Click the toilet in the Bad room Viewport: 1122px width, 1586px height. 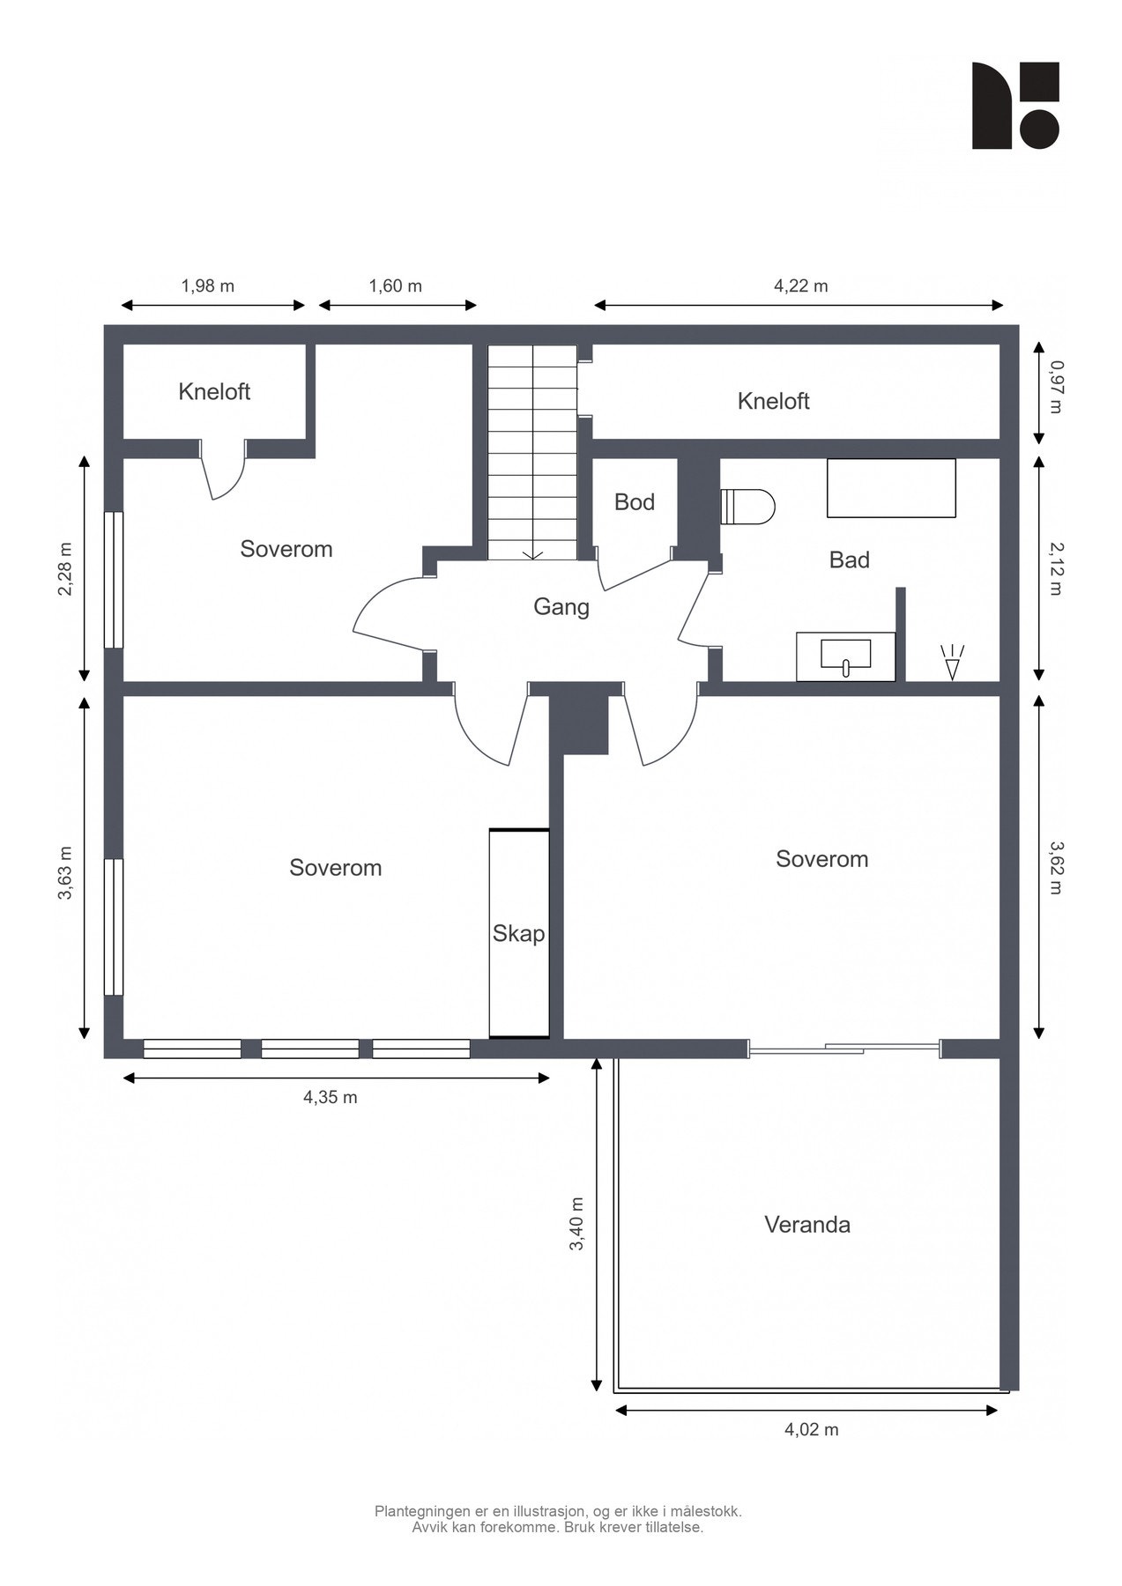[x=747, y=507]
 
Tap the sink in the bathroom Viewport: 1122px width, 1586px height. [x=845, y=656]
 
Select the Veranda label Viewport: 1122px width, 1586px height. [x=807, y=1225]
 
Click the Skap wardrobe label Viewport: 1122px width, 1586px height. [x=518, y=934]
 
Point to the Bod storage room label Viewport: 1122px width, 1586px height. [x=635, y=502]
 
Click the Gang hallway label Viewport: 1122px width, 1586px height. [x=561, y=607]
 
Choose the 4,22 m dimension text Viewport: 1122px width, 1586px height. [x=801, y=285]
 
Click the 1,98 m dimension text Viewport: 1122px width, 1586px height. [x=208, y=285]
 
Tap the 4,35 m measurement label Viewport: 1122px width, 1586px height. [x=331, y=1097]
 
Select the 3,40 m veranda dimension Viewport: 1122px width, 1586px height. [x=576, y=1224]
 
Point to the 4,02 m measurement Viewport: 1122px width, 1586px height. [x=812, y=1430]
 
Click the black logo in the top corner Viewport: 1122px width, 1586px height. [x=1015, y=106]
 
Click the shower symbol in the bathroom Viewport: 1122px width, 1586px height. [x=952, y=663]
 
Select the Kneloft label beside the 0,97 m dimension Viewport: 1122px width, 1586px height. [x=774, y=402]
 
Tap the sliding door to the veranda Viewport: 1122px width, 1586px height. [x=844, y=1048]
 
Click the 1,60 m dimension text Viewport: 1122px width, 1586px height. [x=395, y=285]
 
